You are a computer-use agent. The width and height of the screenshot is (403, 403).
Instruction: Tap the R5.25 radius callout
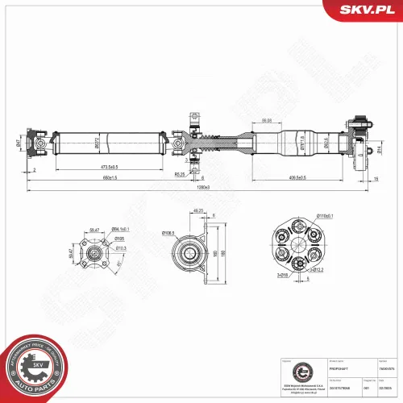(x=179, y=173)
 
